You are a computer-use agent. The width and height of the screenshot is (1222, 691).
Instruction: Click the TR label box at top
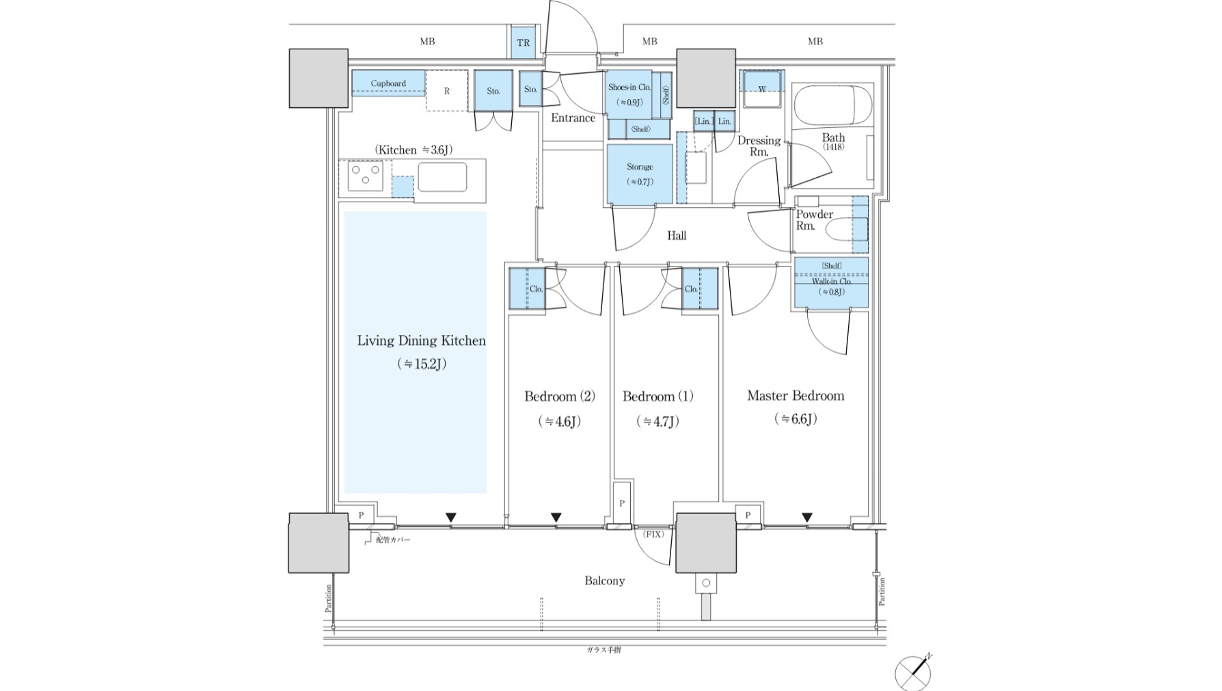[x=523, y=42]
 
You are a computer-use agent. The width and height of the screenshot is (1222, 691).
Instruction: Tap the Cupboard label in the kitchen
[x=388, y=83]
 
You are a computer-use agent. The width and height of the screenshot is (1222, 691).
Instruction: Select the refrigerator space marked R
[x=446, y=90]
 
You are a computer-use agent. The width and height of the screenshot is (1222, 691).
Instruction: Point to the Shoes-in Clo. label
[x=629, y=87]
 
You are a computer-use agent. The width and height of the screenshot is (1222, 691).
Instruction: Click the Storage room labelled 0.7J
[x=640, y=174]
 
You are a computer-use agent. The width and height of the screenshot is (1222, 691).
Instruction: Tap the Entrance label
[x=573, y=118]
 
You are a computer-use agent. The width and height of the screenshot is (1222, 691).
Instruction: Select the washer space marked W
[x=762, y=88]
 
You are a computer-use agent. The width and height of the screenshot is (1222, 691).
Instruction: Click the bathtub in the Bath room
[x=832, y=105]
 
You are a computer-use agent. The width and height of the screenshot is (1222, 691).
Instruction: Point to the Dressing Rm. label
[x=759, y=146]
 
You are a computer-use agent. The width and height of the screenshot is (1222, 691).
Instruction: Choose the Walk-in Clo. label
[x=831, y=281]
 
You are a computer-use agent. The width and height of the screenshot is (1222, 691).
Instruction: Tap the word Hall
[x=677, y=236]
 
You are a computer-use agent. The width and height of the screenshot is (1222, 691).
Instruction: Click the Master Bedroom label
[x=796, y=396]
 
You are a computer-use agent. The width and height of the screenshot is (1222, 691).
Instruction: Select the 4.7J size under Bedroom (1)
[x=657, y=422]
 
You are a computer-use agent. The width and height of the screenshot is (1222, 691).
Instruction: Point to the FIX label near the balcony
[x=653, y=534]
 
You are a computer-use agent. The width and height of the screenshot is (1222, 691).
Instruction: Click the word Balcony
[x=604, y=581]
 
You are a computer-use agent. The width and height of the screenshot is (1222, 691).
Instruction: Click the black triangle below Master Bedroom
[x=807, y=517]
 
